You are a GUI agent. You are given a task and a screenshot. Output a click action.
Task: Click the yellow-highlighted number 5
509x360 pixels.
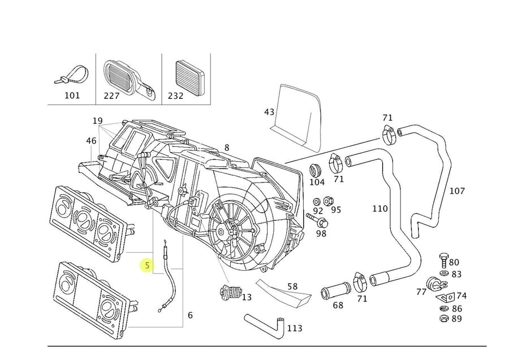(147, 264)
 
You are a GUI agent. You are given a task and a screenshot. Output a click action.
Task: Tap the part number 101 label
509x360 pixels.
(72, 96)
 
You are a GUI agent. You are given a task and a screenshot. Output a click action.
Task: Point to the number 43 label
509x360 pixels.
(269, 112)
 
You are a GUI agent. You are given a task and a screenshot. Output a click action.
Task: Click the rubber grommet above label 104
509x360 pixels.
(317, 169)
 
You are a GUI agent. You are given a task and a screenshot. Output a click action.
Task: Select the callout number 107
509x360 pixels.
(456, 191)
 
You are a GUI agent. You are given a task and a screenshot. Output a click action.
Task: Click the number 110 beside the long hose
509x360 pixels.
(379, 209)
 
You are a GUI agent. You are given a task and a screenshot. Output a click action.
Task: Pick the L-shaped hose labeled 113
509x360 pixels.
(266, 324)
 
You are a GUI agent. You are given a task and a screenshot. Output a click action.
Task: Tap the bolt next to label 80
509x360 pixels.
(443, 261)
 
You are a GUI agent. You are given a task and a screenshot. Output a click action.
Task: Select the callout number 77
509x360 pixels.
(421, 292)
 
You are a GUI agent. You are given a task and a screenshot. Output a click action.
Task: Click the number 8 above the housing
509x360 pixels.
(226, 148)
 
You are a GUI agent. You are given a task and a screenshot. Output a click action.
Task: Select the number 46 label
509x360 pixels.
(90, 140)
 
